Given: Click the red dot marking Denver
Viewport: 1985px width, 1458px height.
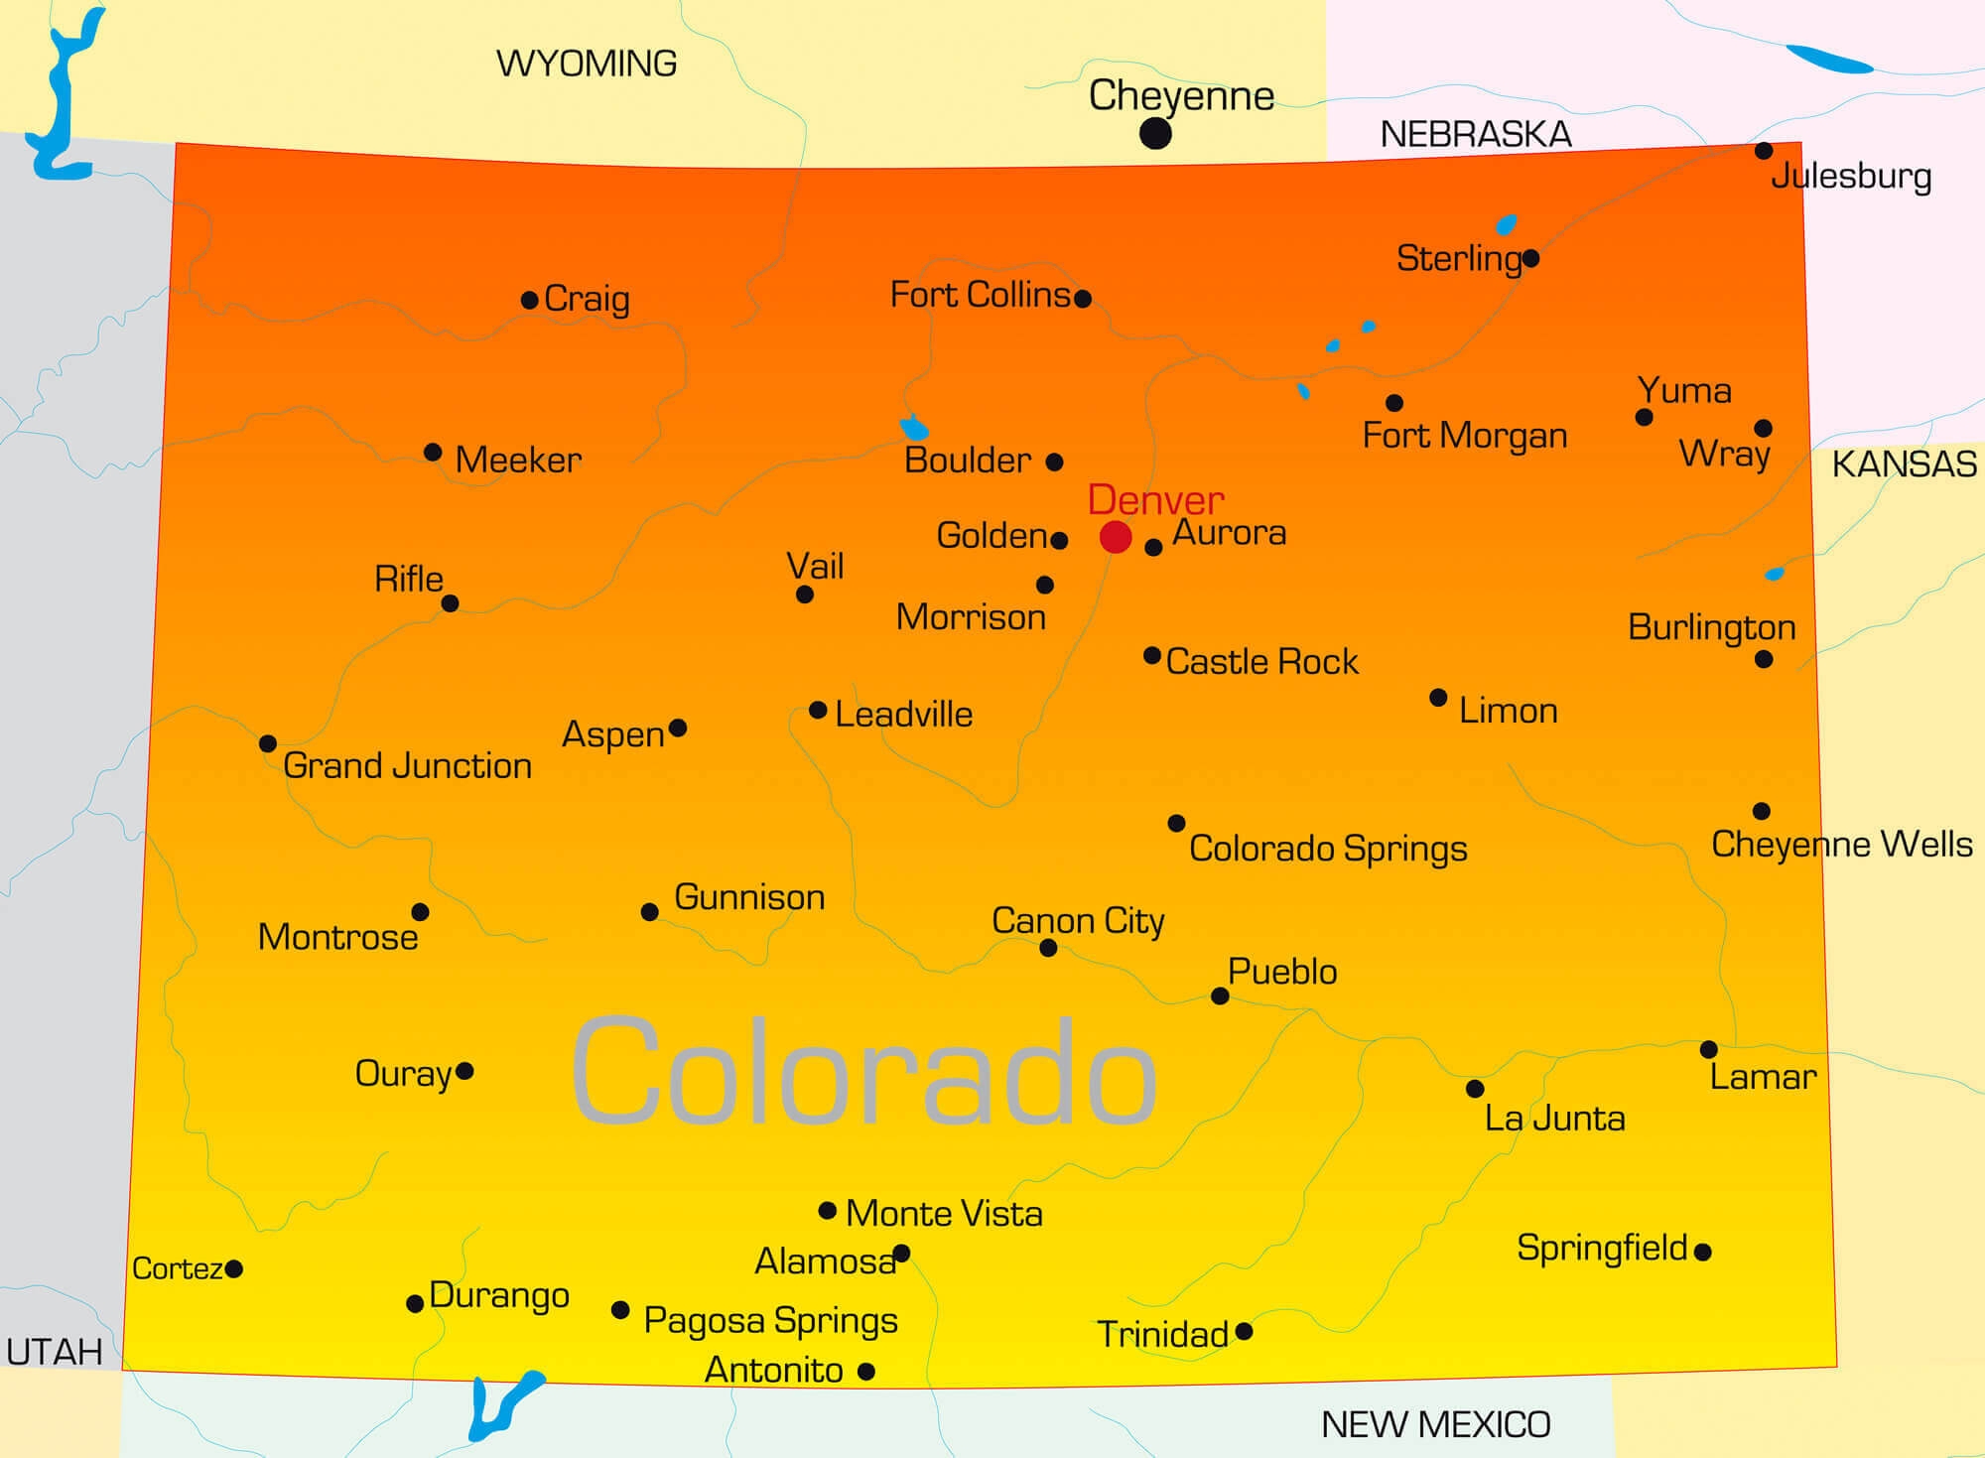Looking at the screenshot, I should tap(1116, 537).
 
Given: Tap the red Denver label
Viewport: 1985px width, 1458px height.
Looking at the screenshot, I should tap(1155, 499).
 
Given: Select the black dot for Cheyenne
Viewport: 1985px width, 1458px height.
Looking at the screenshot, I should tap(1155, 133).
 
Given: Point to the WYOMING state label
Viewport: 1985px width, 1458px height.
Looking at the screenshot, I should tap(587, 64).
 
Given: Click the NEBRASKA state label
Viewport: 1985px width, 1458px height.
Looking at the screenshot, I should tap(1476, 134).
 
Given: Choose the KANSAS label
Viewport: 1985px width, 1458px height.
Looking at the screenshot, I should tap(1904, 464).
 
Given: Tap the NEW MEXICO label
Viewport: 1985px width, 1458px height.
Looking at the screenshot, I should tap(1435, 1424).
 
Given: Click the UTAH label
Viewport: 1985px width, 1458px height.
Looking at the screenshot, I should tap(55, 1351).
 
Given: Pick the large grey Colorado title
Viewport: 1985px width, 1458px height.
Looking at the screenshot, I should tap(863, 1072).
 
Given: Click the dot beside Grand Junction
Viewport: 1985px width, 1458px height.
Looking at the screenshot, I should tap(268, 743).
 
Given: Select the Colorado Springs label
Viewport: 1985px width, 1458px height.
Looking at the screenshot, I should tap(1328, 849).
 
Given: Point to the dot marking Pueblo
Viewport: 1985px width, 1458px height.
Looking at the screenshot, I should tap(1221, 995).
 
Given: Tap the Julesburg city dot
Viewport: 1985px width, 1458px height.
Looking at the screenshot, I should tap(1764, 151).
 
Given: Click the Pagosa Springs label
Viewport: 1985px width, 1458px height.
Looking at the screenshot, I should tap(770, 1320).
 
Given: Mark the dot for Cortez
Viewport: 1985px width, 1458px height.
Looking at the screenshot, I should tap(234, 1268).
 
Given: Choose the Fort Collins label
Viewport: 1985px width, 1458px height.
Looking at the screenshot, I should tap(980, 295).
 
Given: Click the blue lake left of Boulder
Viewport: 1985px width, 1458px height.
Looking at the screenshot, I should tap(914, 429).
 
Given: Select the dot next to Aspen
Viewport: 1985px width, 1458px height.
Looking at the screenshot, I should tap(678, 728).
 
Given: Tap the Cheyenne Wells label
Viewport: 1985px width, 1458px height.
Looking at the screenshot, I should tap(1841, 844).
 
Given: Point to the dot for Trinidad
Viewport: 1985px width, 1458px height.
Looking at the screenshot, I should tap(1244, 1331).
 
